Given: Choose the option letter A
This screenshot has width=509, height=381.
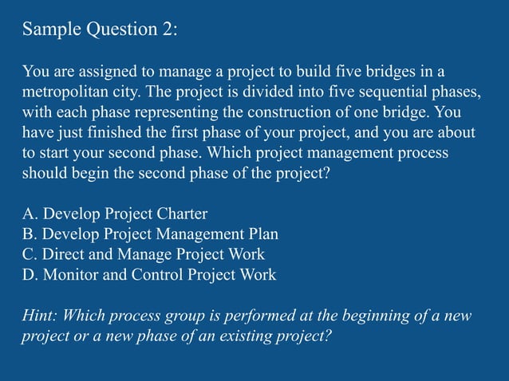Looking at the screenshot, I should tap(29, 214).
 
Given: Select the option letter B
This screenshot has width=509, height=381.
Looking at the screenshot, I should tap(29, 234).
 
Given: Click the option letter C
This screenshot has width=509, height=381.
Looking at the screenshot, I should tap(29, 255).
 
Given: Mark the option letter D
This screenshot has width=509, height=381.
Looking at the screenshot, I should tap(29, 275).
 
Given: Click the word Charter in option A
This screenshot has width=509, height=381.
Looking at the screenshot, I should tap(182, 214).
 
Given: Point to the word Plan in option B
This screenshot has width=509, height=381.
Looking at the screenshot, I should tap(263, 234).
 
